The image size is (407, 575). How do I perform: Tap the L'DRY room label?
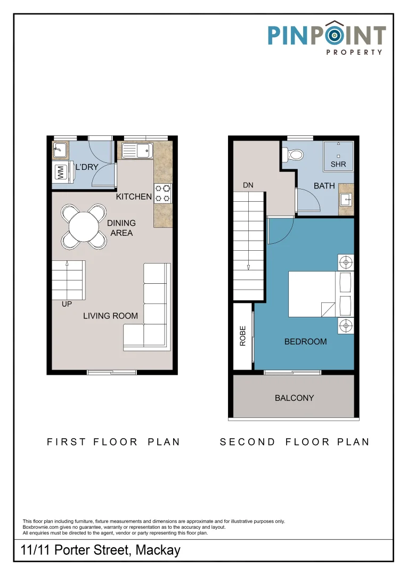click(x=87, y=167)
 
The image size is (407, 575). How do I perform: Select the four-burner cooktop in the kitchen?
click(x=162, y=194)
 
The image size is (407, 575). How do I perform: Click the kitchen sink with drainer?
click(x=137, y=150)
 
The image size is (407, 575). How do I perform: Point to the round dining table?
click(x=84, y=227)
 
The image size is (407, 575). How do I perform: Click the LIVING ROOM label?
click(x=110, y=316)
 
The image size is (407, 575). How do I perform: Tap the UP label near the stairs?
click(x=67, y=304)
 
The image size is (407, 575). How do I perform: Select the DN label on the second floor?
click(x=248, y=185)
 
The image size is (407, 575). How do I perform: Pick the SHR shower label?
click(x=338, y=165)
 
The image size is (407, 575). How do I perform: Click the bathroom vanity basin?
click(x=346, y=200)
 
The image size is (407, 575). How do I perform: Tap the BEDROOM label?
click(x=305, y=342)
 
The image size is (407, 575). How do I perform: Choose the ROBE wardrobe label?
click(x=242, y=336)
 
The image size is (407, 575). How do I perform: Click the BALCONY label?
click(x=295, y=398)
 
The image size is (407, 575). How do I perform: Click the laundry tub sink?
click(x=60, y=150)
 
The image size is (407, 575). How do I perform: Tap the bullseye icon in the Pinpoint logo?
click(x=335, y=35)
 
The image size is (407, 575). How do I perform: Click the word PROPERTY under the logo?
click(x=354, y=52)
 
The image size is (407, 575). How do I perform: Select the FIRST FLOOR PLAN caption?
click(x=113, y=442)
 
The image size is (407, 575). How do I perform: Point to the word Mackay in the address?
click(x=158, y=550)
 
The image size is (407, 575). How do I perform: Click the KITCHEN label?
click(x=134, y=196)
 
